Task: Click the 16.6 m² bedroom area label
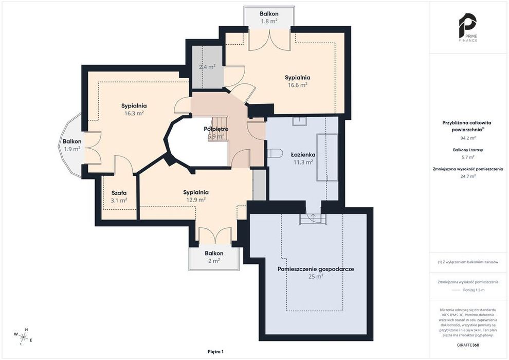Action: pyautogui.click(x=297, y=85)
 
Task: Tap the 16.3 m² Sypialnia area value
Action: pyautogui.click(x=134, y=113)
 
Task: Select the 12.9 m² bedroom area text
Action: pyautogui.click(x=196, y=200)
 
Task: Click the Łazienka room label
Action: pyautogui.click(x=303, y=154)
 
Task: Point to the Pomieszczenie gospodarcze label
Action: pyautogui.click(x=316, y=269)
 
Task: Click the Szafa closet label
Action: pyautogui.click(x=119, y=193)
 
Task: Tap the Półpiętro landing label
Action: pyautogui.click(x=216, y=129)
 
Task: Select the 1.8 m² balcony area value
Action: pyautogui.click(x=269, y=22)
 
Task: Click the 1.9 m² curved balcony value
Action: pyautogui.click(x=72, y=149)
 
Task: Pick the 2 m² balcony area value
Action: pyautogui.click(x=214, y=261)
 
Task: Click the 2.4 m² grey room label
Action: pyautogui.click(x=207, y=67)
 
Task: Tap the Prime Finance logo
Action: pyautogui.click(x=468, y=28)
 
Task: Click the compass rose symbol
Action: pyautogui.click(x=23, y=337)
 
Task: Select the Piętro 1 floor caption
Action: pyautogui.click(x=216, y=352)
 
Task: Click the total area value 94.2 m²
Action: pyautogui.click(x=468, y=138)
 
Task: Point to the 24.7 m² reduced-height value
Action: pyautogui.click(x=468, y=176)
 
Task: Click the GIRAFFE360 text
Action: pyautogui.click(x=468, y=345)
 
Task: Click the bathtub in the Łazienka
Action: pyautogui.click(x=327, y=157)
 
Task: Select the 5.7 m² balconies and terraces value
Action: pyautogui.click(x=468, y=157)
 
